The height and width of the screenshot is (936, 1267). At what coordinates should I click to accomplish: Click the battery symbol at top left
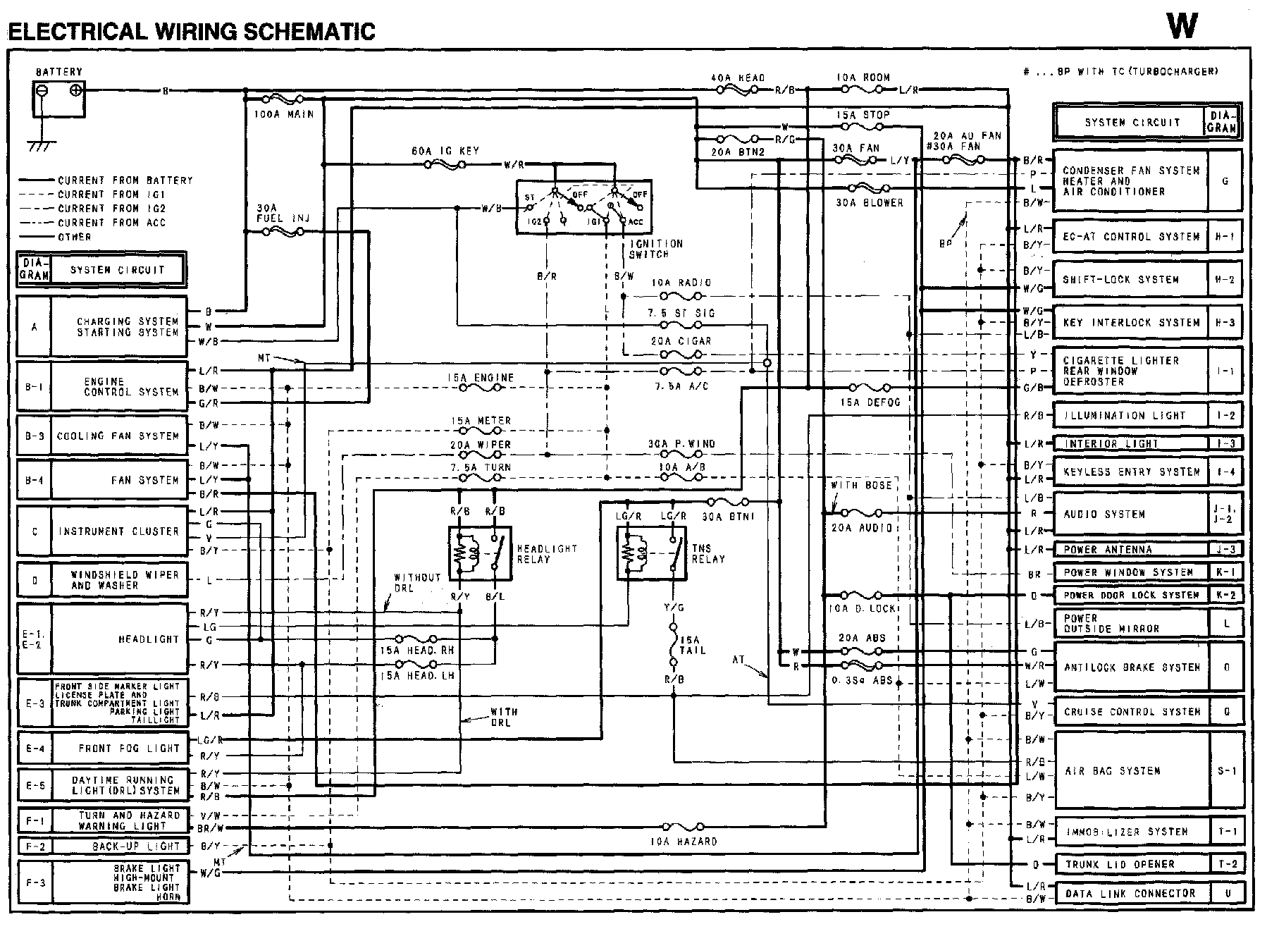coord(59,99)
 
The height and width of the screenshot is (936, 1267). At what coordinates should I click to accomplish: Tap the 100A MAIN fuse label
coord(283,113)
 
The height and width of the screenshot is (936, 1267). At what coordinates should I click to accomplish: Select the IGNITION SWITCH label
coord(655,249)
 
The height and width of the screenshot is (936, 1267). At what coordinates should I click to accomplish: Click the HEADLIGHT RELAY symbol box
coord(479,554)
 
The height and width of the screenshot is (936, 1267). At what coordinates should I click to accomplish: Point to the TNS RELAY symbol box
coord(652,554)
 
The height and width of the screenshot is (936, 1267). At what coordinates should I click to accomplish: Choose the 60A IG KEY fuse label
coord(445,151)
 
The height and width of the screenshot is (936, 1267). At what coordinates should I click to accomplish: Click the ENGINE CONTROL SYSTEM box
coord(119,386)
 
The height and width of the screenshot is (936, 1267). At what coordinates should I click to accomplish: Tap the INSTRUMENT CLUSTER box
coord(119,531)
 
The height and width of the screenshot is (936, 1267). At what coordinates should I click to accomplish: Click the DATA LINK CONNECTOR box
coord(1130,893)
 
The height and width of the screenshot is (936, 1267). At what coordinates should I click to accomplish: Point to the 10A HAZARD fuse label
coord(683,842)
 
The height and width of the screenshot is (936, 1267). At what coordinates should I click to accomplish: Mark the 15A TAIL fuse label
coord(692,645)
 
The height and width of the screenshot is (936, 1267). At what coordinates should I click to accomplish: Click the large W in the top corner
coord(1182,26)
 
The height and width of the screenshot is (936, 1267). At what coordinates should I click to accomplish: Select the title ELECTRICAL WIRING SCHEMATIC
coord(192,31)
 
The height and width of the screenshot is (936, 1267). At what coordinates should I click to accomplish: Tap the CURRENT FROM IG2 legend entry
coord(111,209)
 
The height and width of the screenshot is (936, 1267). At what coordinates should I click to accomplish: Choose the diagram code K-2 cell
coord(1226,595)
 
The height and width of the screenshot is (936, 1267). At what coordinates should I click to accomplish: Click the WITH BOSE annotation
coord(861,485)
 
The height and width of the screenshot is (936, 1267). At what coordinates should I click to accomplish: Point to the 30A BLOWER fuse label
coord(869,202)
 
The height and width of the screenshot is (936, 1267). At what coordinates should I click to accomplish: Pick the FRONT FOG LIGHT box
coord(119,749)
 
